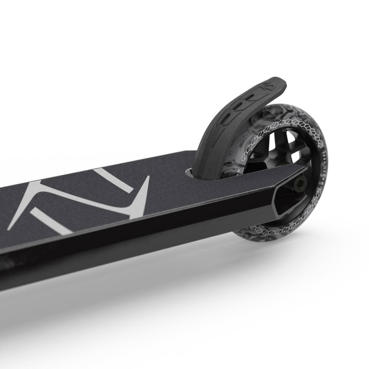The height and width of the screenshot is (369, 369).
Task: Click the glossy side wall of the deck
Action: [x=154, y=246]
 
